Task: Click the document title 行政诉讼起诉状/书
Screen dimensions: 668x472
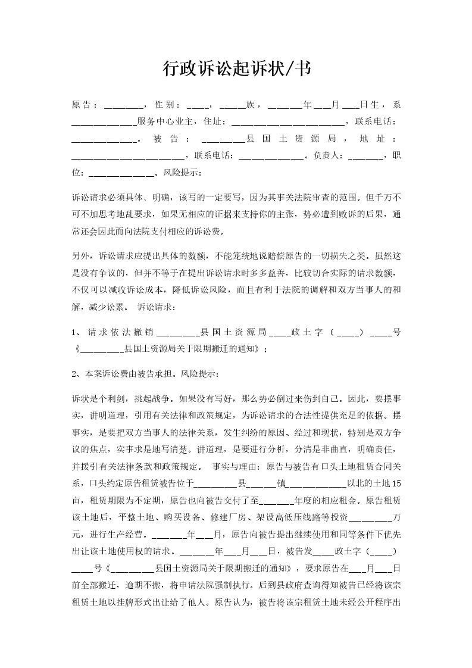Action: tap(236, 69)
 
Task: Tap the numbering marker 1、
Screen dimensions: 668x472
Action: tap(77, 332)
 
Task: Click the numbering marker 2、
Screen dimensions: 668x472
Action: tap(77, 375)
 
